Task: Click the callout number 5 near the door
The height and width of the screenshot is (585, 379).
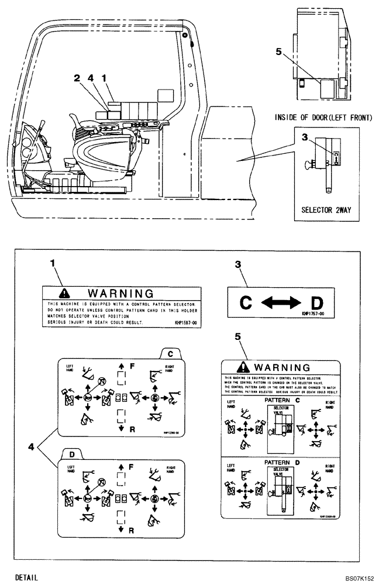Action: tap(279, 51)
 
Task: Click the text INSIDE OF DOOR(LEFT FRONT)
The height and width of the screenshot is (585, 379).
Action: tap(323, 118)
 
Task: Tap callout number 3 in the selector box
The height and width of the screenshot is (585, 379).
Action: tap(304, 137)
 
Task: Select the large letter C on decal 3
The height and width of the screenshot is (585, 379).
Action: tap(246, 302)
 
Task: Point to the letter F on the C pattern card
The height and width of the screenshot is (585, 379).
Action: tap(132, 366)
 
